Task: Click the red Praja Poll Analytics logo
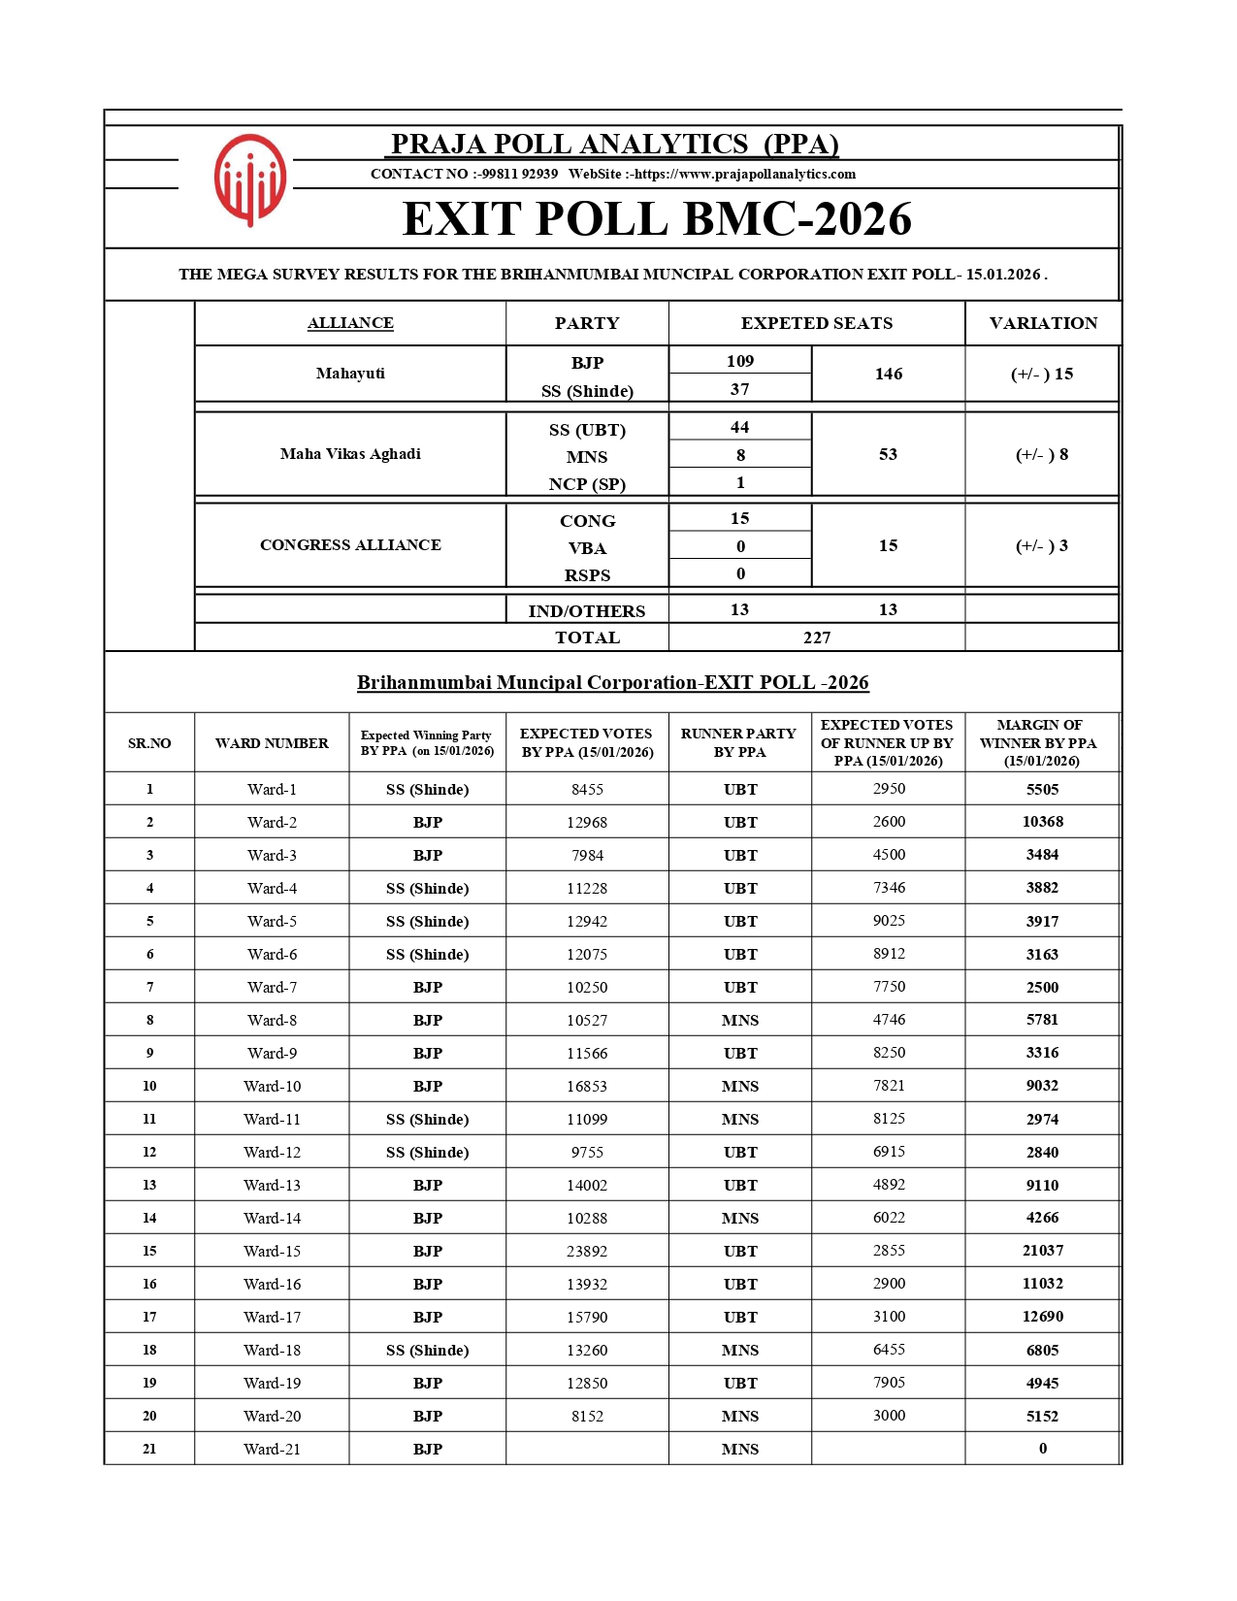click(x=250, y=180)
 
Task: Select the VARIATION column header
click(x=1043, y=323)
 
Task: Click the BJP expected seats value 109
click(x=739, y=361)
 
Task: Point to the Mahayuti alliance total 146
click(x=888, y=374)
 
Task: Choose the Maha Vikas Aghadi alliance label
click(x=350, y=454)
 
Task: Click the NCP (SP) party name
click(x=587, y=484)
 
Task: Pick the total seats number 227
click(x=817, y=637)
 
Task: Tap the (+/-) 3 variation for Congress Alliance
click(x=1042, y=545)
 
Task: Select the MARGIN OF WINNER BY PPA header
click(x=1041, y=743)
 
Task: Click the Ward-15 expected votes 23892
click(x=587, y=1252)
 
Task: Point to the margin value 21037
click(x=1042, y=1251)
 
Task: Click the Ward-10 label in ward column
click(x=272, y=1087)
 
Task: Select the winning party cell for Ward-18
click(x=427, y=1351)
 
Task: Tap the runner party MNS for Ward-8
click(x=739, y=1021)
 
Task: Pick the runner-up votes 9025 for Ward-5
click(x=889, y=921)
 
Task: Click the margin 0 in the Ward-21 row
click(x=1043, y=1449)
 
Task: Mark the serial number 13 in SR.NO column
click(x=149, y=1185)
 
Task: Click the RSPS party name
click(x=587, y=575)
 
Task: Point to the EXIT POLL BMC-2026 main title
click(x=657, y=219)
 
